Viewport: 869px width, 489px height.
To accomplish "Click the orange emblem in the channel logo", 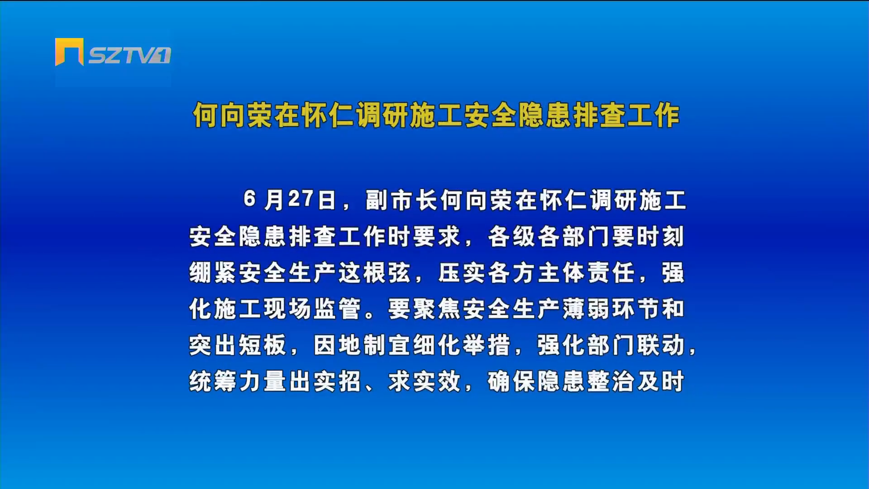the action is pos(69,52).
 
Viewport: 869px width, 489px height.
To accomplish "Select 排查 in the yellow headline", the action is pos(599,115).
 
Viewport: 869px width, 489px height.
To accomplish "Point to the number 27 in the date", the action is pos(301,199).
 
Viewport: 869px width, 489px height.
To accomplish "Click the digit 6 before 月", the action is pos(249,199).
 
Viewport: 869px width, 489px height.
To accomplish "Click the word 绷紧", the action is pos(213,273).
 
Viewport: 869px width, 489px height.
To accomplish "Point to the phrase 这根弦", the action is pos(374,273).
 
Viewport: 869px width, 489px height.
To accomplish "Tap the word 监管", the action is pos(337,309).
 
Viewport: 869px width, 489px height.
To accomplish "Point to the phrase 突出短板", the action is pos(238,345).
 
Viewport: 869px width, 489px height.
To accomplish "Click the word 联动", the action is pos(660,345).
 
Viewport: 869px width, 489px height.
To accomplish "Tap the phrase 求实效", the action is pos(425,381).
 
